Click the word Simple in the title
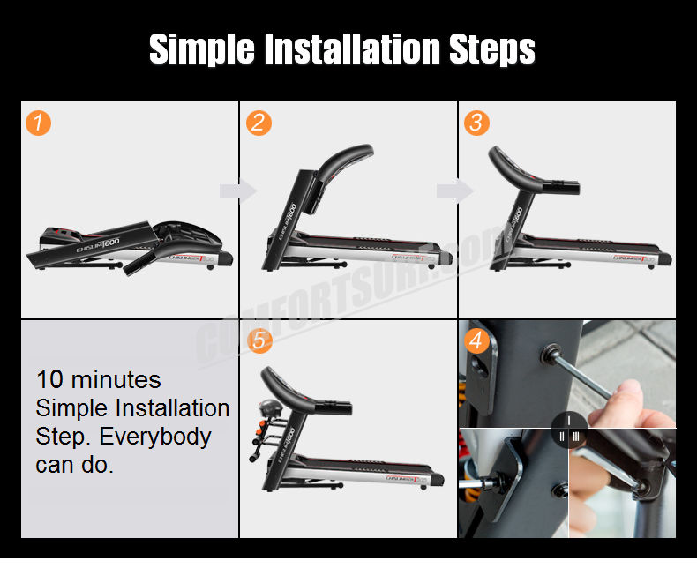(x=201, y=50)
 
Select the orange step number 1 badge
(x=38, y=123)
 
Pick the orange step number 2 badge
(x=258, y=123)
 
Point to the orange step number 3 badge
(x=476, y=123)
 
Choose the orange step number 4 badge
(x=476, y=340)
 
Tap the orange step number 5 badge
(x=258, y=340)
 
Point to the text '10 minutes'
(x=98, y=380)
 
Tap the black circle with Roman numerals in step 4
(x=569, y=430)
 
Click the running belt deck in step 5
(x=371, y=466)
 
